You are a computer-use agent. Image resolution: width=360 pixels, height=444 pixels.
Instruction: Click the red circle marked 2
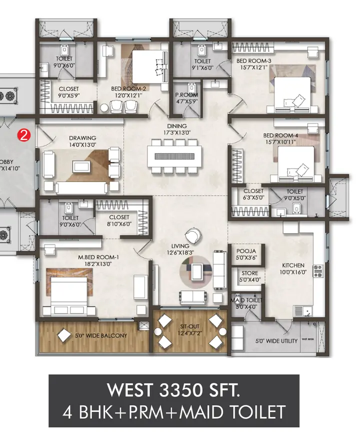(x=22, y=134)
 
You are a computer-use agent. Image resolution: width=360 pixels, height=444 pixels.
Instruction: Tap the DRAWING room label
(x=83, y=138)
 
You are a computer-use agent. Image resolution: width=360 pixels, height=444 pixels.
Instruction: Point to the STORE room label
(x=249, y=273)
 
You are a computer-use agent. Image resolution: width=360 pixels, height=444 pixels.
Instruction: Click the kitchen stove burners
(x=317, y=271)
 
